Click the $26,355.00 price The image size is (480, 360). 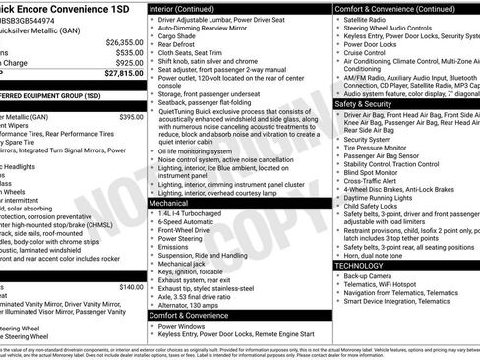(x=123, y=43)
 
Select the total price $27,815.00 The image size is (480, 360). (x=123, y=73)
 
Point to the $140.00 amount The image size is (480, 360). (x=131, y=287)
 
